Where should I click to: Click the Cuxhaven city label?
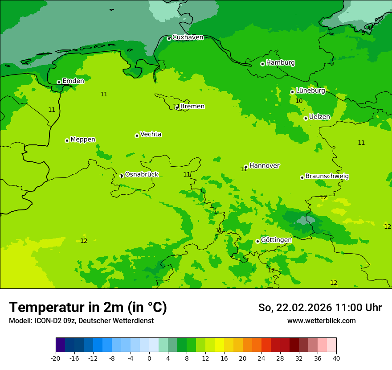point(188,37)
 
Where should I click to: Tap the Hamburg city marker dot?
point(262,64)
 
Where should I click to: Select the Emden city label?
point(73,81)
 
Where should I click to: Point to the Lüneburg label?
point(310,90)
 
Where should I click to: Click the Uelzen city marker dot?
point(306,118)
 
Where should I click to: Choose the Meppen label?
point(83,140)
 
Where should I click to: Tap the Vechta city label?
point(151,134)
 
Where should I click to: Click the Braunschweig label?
point(327,176)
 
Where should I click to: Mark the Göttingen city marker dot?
point(257,241)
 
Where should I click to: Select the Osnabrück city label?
point(142,174)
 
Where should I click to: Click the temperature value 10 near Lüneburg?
point(299,101)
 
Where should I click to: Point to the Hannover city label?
point(264,165)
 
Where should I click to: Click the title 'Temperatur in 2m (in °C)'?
point(88,308)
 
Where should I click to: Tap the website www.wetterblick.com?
point(321,321)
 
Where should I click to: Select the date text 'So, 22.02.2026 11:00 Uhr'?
point(320,308)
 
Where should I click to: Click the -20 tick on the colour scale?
point(56,358)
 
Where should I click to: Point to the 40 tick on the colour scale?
point(336,358)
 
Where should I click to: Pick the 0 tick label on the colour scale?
point(149,358)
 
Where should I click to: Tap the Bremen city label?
point(192,106)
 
